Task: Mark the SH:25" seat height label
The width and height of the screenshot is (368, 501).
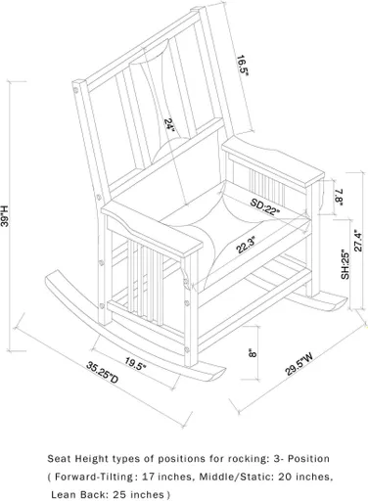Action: (345, 264)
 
